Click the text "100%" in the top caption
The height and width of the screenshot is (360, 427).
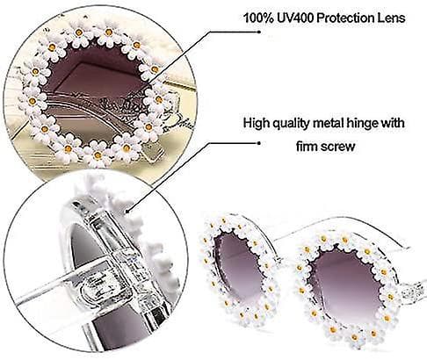click(x=258, y=18)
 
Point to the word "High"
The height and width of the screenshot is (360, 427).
click(x=257, y=123)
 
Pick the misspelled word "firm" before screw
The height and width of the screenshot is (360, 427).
click(x=308, y=146)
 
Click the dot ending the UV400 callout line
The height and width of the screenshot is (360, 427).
click(x=259, y=32)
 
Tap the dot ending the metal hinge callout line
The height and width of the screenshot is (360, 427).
click(x=258, y=143)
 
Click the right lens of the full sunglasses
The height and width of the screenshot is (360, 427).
click(x=344, y=284)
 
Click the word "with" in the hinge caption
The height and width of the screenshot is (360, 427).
click(x=393, y=123)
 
